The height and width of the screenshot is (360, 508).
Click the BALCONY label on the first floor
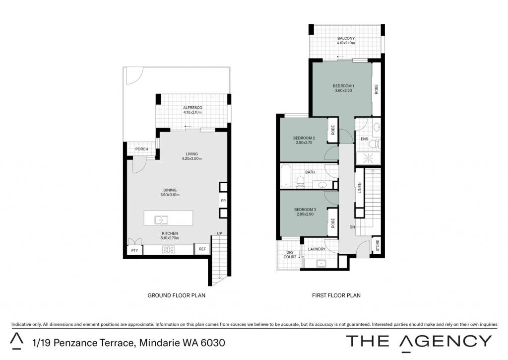coord(346,38)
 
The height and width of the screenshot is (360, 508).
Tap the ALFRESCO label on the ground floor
coord(192,108)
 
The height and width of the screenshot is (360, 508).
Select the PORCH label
coord(141,149)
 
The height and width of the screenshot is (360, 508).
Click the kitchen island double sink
coord(161,220)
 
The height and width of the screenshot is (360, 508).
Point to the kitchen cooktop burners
coord(169,249)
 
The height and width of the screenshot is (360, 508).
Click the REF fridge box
coord(202,249)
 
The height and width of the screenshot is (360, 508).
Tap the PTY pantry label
coord(134,250)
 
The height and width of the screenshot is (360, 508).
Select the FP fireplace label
coord(223,201)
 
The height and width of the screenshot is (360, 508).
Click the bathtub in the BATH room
coord(286,176)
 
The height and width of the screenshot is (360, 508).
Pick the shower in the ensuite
coord(369,158)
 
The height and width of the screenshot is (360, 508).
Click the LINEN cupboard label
coord(359,188)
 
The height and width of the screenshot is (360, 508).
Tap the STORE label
coord(378,245)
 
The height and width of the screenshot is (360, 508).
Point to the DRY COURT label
coord(290,255)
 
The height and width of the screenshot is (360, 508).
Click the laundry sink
coord(321,263)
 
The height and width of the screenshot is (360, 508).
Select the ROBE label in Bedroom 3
coord(333,222)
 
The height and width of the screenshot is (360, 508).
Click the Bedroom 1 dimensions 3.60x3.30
coord(343,90)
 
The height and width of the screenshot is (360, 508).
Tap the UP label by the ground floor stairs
coord(219,233)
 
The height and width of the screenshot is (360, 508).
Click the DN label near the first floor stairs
coord(352,227)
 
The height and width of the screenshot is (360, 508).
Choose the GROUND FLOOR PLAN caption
coord(176,295)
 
